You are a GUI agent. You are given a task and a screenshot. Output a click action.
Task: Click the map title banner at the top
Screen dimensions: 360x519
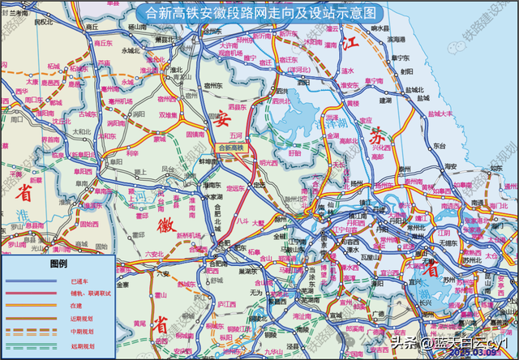[259, 12]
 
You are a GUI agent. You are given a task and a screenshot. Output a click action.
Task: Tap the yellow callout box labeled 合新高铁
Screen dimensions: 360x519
[232, 148]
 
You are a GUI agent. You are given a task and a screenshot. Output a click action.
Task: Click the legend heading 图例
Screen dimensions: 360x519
[58, 264]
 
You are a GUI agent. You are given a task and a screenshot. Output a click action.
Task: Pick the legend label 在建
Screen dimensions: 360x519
[65, 306]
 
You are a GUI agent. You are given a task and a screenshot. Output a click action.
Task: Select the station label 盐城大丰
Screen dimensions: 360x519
[440, 114]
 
